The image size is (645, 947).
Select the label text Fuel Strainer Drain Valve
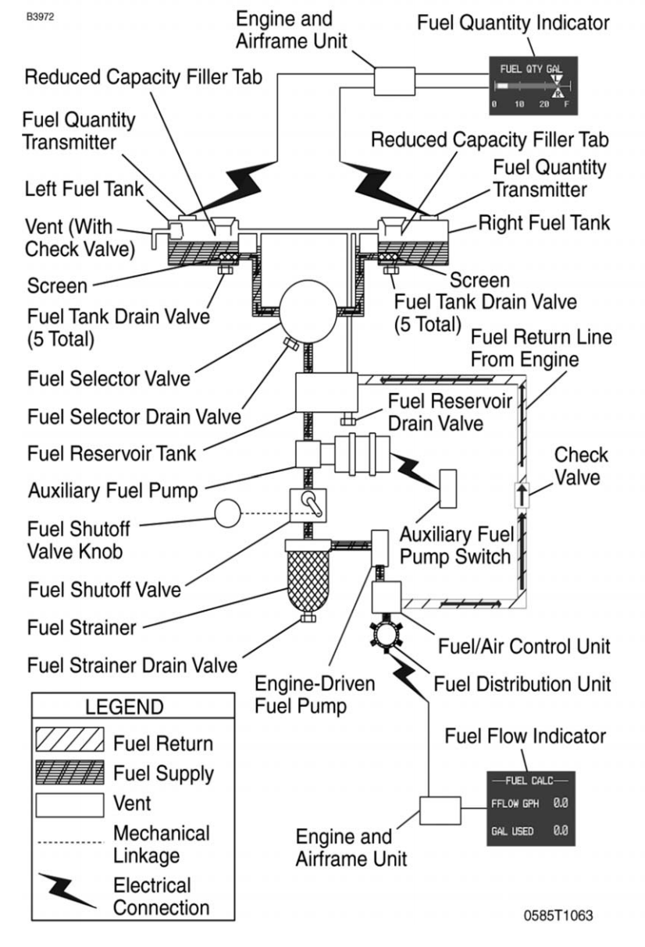[x=131, y=665]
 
